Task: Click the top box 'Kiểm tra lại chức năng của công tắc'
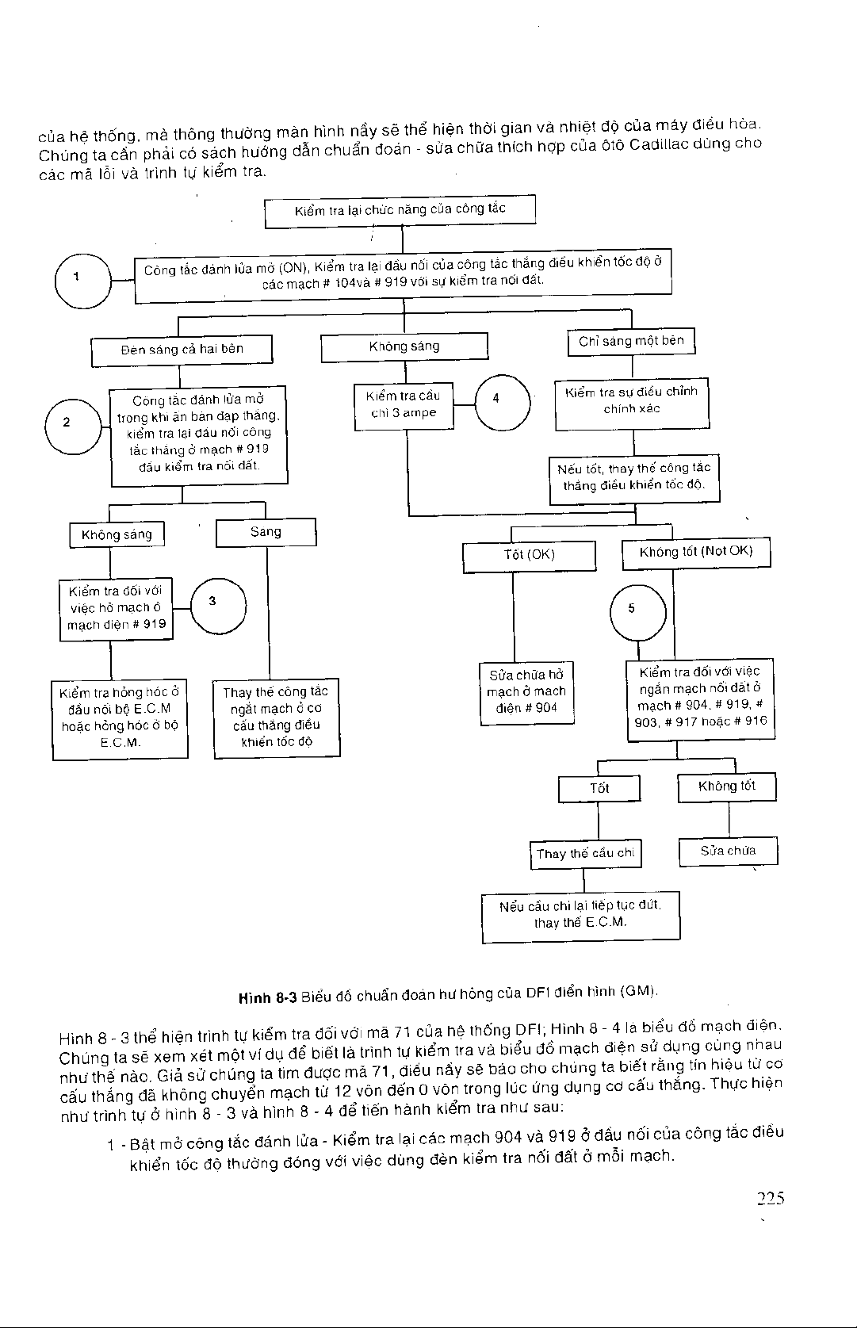pos(400,211)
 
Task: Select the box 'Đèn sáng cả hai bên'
pos(182,350)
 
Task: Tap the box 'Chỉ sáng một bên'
pos(631,342)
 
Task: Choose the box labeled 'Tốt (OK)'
pos(529,555)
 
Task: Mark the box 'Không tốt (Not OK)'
pos(695,553)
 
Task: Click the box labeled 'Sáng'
pos(266,532)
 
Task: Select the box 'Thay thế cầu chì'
pos(585,854)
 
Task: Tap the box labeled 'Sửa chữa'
pos(728,852)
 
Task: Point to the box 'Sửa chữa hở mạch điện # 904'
pos(526,692)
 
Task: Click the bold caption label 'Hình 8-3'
pos(268,996)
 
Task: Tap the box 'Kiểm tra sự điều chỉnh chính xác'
pos(631,402)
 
